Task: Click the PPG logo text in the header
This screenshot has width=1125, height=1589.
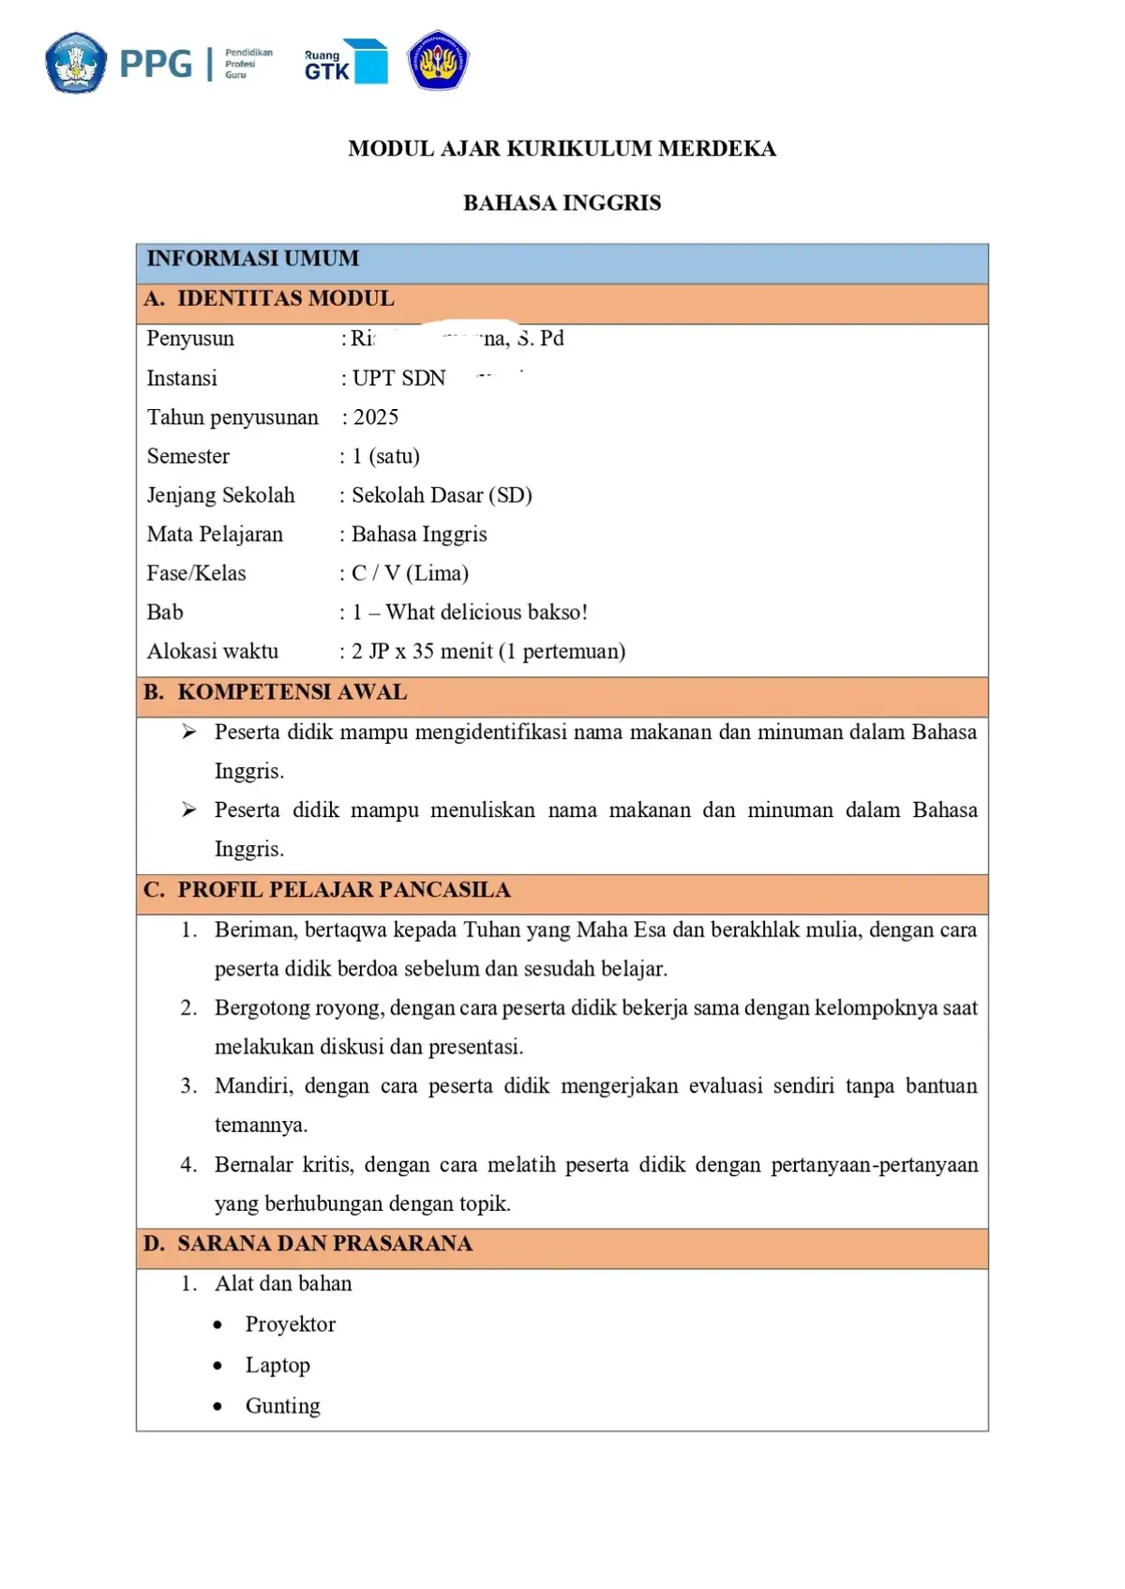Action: [x=156, y=64]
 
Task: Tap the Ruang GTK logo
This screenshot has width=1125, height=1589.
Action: [x=345, y=62]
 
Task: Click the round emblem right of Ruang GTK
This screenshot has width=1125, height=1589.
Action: [x=438, y=61]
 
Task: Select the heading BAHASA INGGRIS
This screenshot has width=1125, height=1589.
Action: [x=562, y=203]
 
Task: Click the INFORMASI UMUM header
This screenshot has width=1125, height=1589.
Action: [x=252, y=259]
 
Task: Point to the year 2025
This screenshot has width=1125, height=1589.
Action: [x=376, y=417]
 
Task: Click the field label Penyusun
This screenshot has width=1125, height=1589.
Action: [x=190, y=339]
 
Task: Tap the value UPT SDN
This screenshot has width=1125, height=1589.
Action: [x=398, y=378]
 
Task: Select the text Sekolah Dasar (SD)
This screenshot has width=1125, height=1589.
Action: [x=442, y=495]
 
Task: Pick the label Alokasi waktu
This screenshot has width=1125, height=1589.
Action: [x=213, y=651]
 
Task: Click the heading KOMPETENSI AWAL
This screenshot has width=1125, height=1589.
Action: [x=292, y=692]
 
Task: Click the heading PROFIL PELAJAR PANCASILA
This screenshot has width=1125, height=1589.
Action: [x=343, y=890]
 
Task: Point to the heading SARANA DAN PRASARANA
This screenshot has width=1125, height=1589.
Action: [x=324, y=1244]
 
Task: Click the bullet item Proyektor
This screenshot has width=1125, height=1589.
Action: [x=290, y=1324]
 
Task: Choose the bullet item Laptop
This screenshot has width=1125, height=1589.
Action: [x=277, y=1366]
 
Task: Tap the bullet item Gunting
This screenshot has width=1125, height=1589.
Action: [x=282, y=1406]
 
